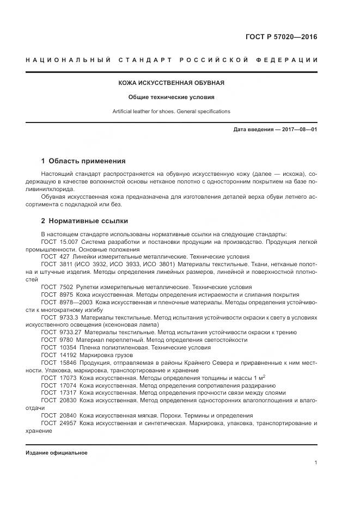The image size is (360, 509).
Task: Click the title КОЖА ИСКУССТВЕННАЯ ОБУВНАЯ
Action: (x=172, y=83)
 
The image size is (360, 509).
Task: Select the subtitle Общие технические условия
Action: (x=172, y=97)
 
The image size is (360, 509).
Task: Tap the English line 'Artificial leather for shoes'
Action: (x=171, y=111)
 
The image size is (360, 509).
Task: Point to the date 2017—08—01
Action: (x=298, y=130)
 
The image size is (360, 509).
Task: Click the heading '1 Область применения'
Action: (x=83, y=161)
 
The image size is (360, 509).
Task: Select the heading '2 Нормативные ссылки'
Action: (x=84, y=221)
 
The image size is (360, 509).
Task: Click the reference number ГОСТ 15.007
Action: (x=58, y=241)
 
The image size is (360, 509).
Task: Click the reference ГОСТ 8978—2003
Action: (x=65, y=302)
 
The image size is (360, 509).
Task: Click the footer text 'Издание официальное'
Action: (x=56, y=453)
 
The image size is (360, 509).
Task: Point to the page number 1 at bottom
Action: (x=315, y=463)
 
